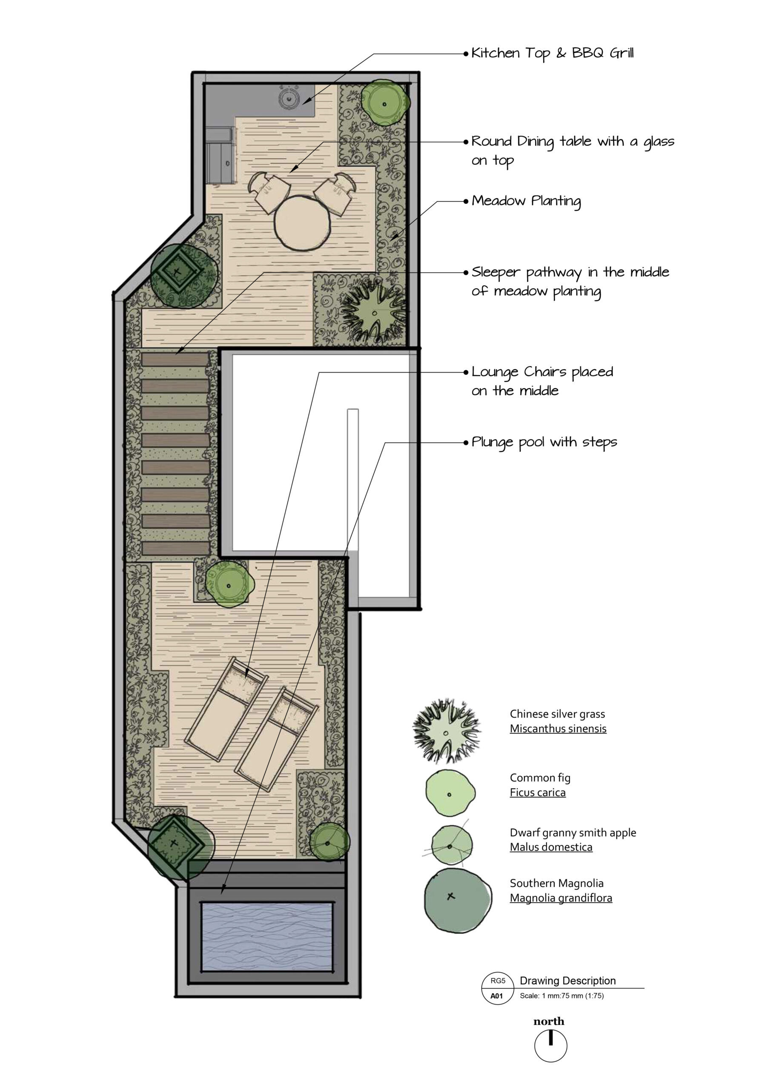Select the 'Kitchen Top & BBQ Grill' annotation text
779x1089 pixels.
(552, 53)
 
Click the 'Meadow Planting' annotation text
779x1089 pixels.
(526, 201)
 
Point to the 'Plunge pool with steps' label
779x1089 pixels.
(544, 442)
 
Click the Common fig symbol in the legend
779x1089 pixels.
(450, 793)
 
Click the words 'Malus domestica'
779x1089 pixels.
(551, 847)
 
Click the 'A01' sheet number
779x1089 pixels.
(496, 995)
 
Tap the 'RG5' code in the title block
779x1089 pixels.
(498, 981)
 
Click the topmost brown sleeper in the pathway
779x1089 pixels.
(175, 359)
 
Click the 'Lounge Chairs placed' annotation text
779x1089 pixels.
(542, 372)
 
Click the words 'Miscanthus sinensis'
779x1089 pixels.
(558, 729)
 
